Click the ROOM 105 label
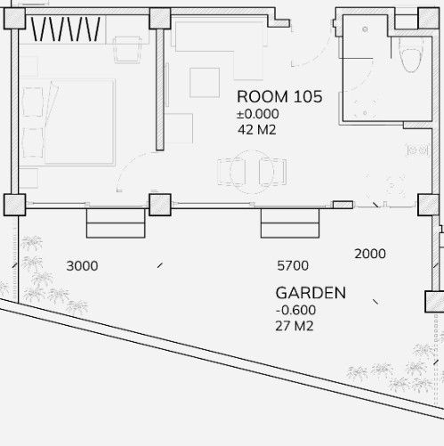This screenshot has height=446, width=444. pos(279,97)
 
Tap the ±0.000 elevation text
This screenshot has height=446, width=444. pos(258,114)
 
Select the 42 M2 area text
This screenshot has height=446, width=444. pos(257,130)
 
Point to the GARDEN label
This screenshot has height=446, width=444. pos(311,293)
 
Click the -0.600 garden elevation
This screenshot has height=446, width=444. pos(295,310)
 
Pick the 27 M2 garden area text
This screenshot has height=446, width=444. pos(295,326)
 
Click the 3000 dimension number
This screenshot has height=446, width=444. pos(82,266)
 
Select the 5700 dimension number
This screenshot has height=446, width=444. pos(293,265)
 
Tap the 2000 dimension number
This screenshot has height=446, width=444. pos(370,254)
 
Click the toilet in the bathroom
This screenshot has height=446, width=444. pos(411,56)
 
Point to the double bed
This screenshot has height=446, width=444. pos(69,122)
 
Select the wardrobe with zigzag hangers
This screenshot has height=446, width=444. pos(66,29)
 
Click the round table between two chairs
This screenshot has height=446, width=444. pos(252,172)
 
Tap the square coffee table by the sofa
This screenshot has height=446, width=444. pos(205,83)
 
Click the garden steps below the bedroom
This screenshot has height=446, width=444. pos(116,223)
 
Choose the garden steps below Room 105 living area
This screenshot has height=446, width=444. pos(290,223)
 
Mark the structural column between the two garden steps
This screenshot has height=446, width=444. pos(160,205)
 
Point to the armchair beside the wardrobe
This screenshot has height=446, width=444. pos(127,50)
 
